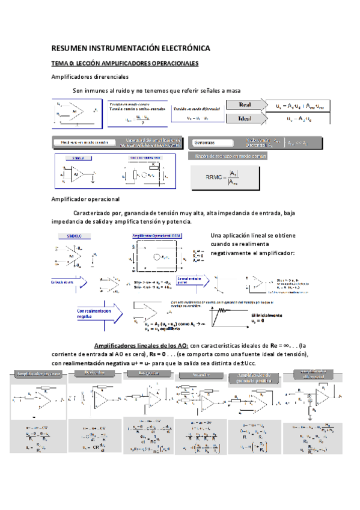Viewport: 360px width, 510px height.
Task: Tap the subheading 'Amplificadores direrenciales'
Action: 90,77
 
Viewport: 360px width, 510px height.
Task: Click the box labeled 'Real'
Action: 245,105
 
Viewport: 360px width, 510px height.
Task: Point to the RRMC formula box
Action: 226,178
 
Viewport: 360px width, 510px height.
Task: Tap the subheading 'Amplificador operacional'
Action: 85,199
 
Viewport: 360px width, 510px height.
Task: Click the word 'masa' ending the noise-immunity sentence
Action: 232,91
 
